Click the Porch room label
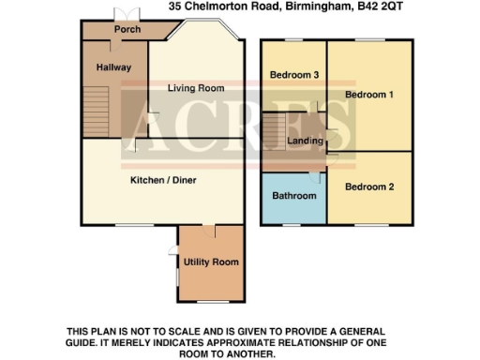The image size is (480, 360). [x=127, y=30]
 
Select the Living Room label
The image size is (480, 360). [x=196, y=88]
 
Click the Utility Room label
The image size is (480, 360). [x=211, y=262]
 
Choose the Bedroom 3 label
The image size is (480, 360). [x=288, y=75]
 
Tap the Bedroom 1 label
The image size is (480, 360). [x=368, y=95]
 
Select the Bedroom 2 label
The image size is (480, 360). [x=368, y=187]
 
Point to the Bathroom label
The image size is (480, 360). [x=292, y=196]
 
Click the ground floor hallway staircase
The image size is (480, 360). [x=97, y=112]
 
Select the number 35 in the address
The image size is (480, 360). [x=175, y=6]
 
